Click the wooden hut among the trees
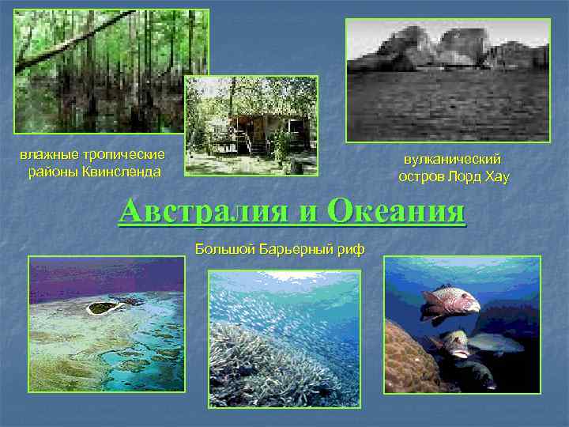pyautogui.click(x=262, y=130)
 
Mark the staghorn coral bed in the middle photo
pyautogui.click(x=269, y=356)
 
